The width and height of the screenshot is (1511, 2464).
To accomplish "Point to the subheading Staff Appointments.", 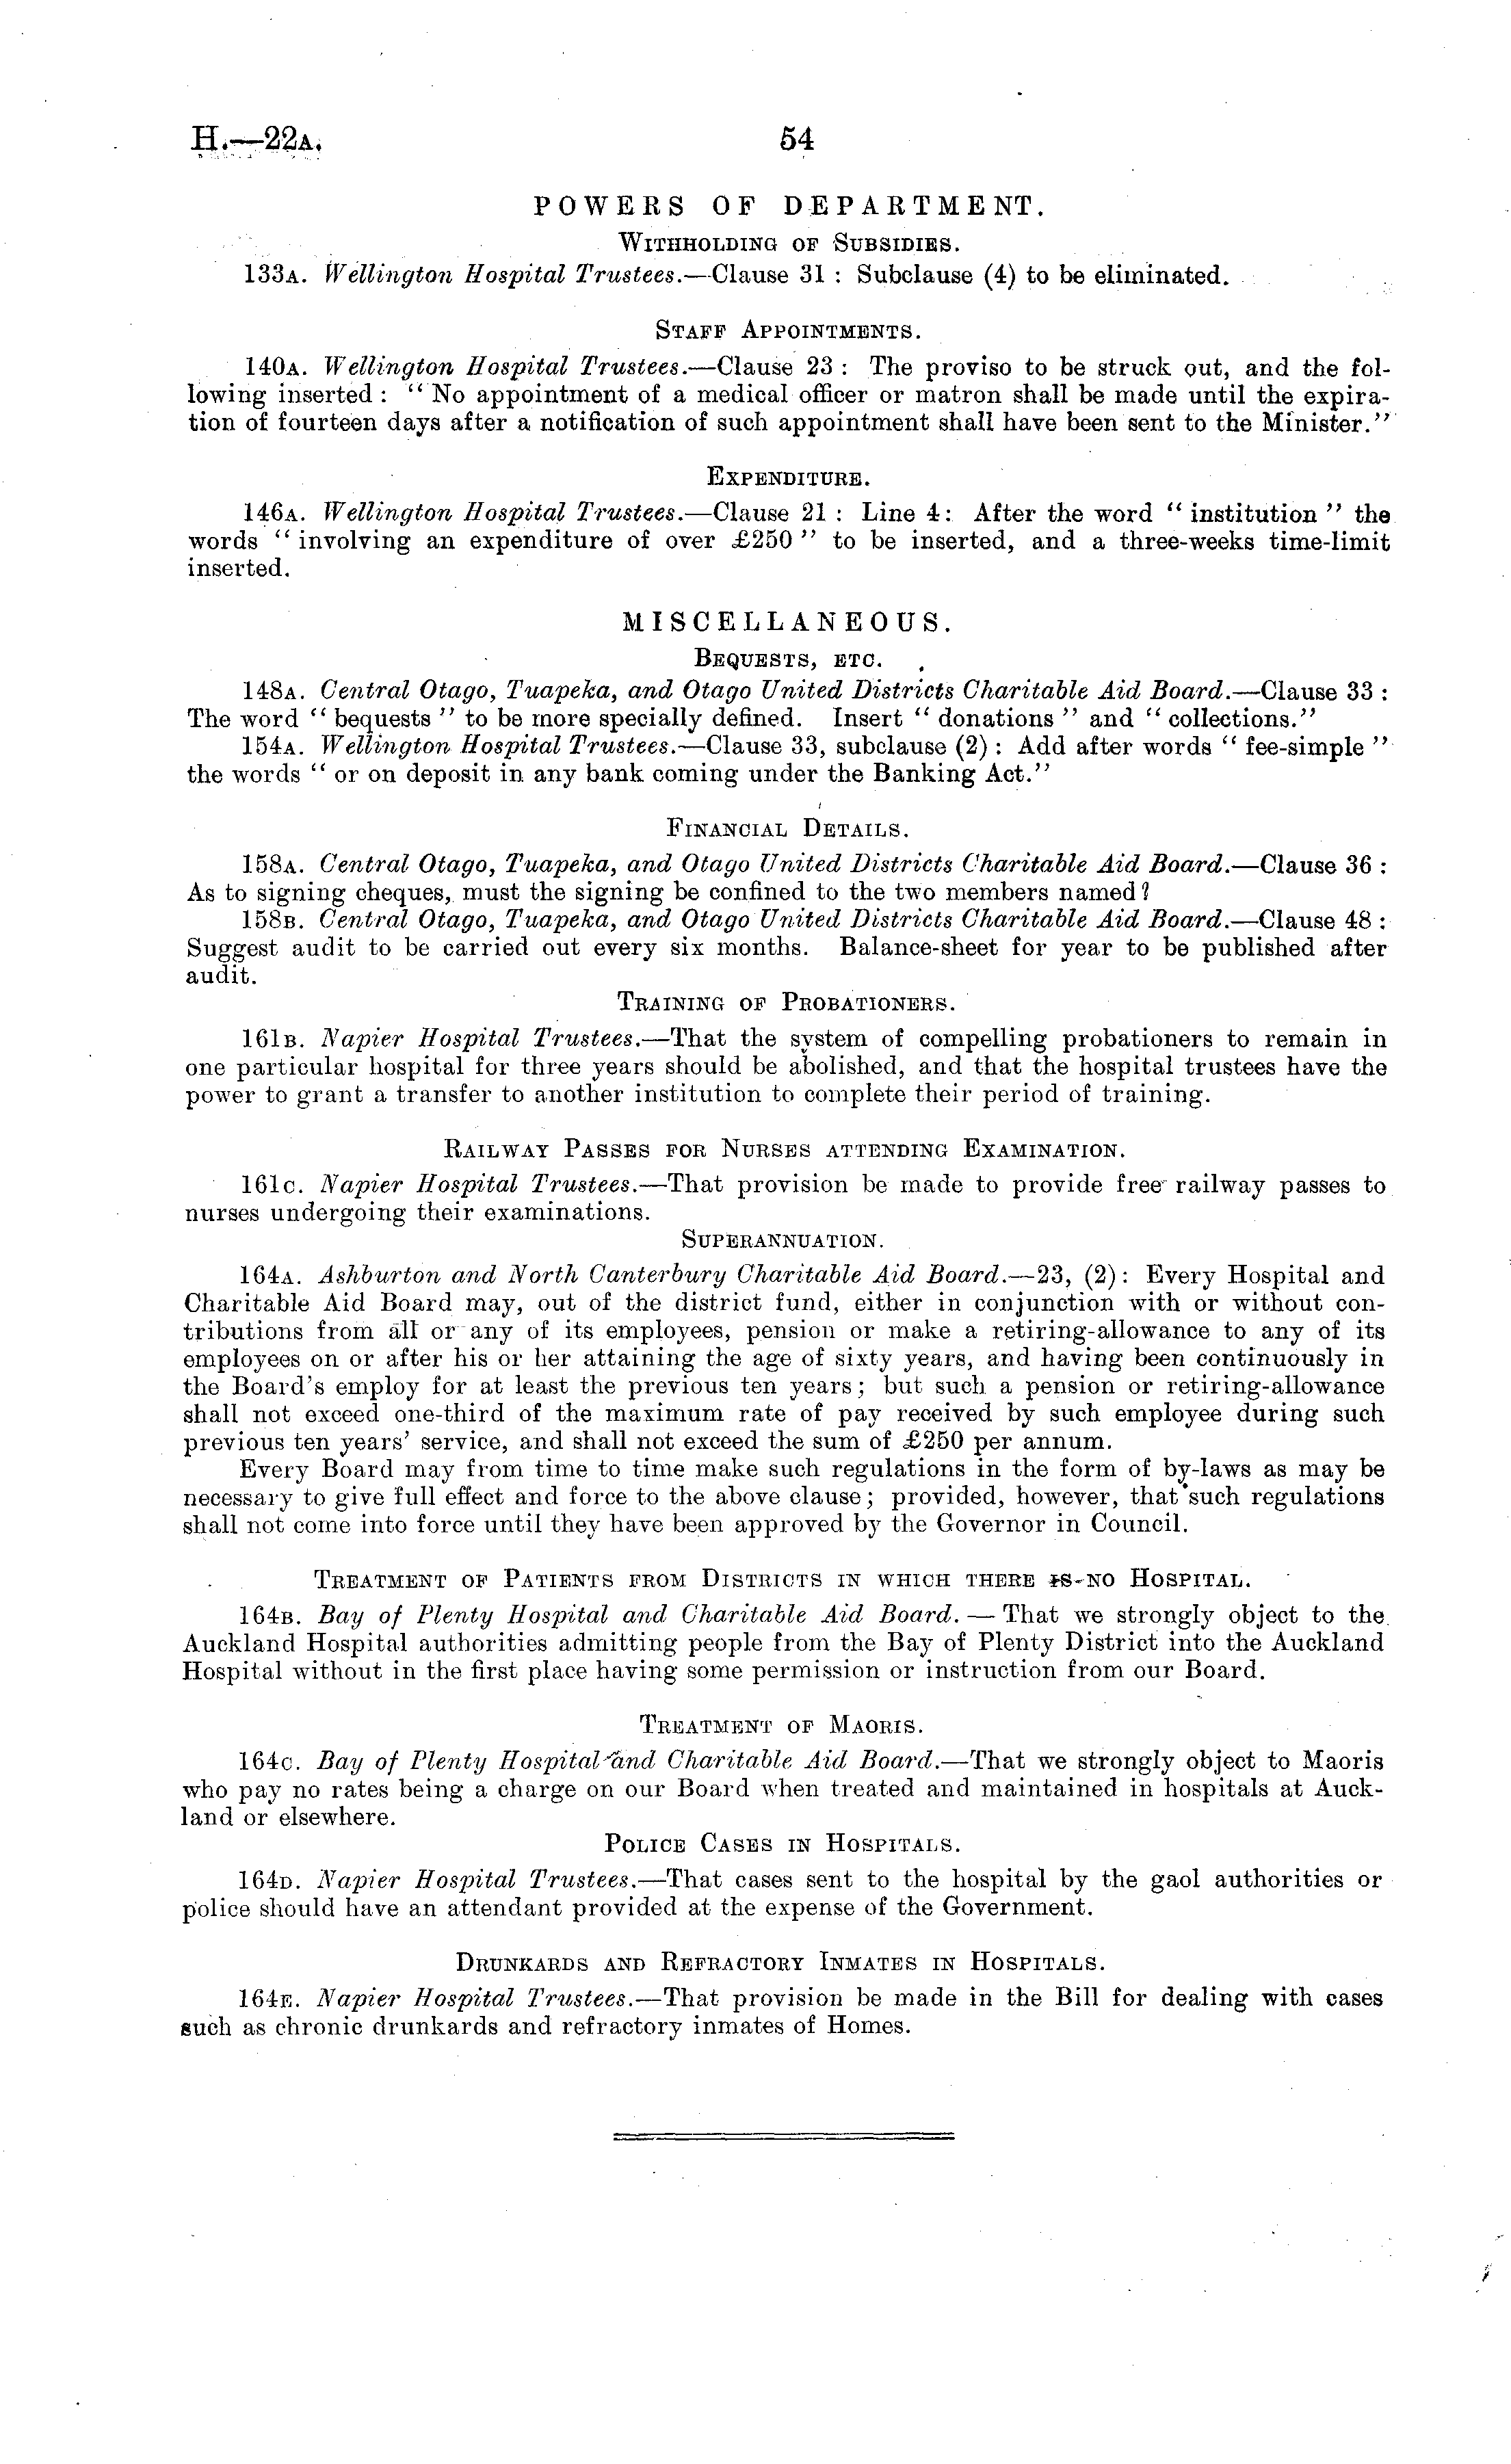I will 789,330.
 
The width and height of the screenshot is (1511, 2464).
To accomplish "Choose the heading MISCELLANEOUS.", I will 788,623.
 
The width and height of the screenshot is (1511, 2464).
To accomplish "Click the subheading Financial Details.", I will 788,829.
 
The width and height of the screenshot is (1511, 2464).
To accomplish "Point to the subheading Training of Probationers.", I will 788,1002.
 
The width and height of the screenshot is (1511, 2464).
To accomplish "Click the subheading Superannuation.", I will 782,1240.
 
